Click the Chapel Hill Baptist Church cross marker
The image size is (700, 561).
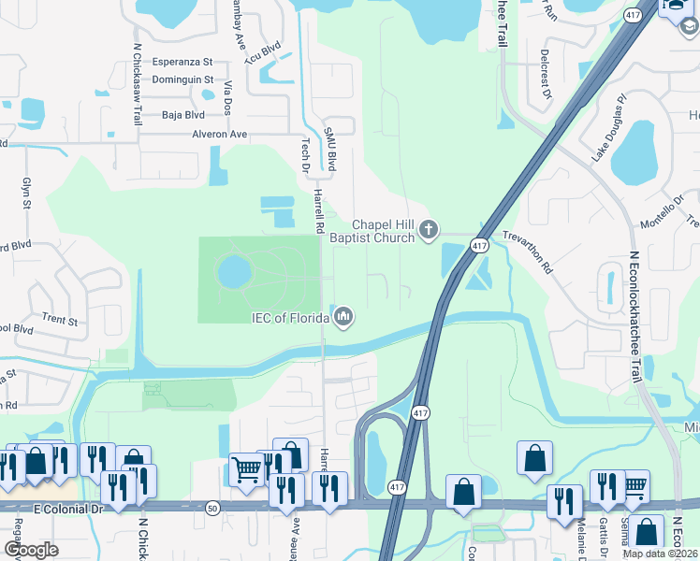[x=429, y=229]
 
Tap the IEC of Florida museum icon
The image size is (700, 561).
[x=343, y=318]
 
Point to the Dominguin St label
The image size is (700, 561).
[x=182, y=80]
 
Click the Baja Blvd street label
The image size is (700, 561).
[x=182, y=115]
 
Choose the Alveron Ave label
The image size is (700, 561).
[x=219, y=135]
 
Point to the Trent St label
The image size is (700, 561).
[x=60, y=320]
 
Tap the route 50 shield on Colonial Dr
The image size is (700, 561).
[x=213, y=506]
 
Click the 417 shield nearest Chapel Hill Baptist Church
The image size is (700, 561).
[x=479, y=246]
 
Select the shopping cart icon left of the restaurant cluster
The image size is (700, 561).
[x=247, y=469]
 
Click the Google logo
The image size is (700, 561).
[x=30, y=549]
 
